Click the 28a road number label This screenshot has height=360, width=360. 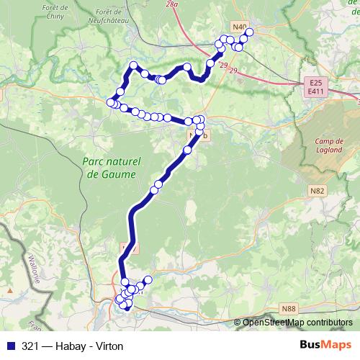click(171, 4)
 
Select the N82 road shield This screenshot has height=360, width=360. click(317, 189)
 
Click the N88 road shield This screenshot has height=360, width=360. click(289, 308)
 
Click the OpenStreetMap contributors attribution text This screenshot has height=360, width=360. click(297, 322)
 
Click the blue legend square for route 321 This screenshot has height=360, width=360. click(10, 344)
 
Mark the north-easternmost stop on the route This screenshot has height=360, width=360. click(250, 31)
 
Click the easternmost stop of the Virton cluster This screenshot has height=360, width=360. click(149, 279)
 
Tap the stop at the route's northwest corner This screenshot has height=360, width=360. click(133, 66)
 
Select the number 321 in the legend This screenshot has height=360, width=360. click(30, 344)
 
